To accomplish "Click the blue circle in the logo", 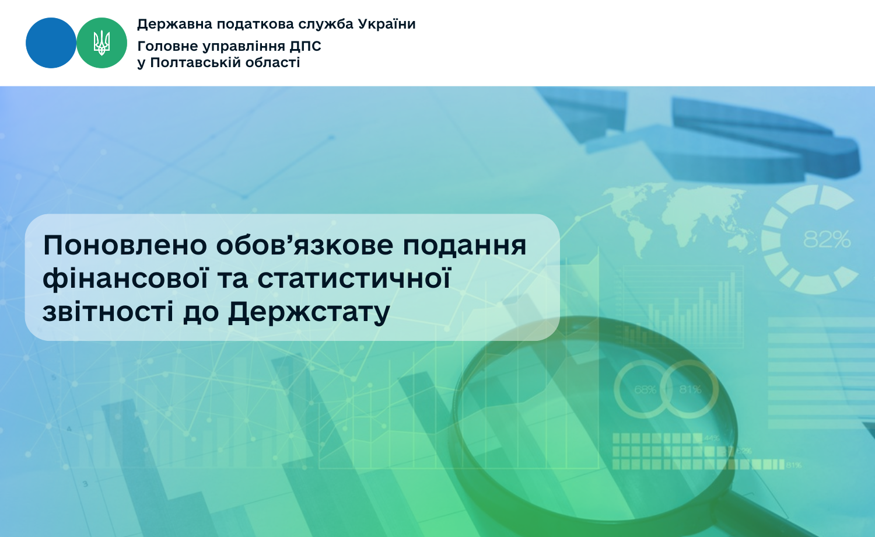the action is pos(51,43).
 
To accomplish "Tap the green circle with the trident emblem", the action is pos(101,43).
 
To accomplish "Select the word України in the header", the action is pos(387,24).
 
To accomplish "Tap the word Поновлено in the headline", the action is pos(125,245).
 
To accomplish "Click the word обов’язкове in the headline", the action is pos(304,245).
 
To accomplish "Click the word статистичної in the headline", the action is pos(354,278).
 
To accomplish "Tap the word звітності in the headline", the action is pos(108,312).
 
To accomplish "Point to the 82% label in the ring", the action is pos(827,239).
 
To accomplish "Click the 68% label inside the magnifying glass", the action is pos(645,390).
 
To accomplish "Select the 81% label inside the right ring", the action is pos(690,389).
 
